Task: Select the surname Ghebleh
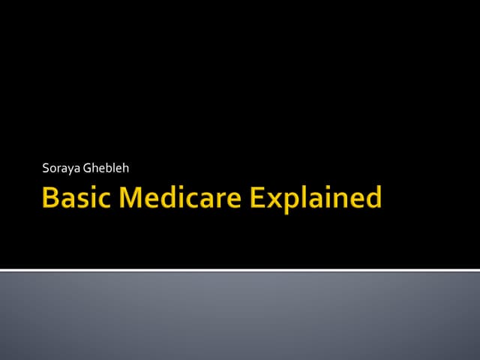(x=109, y=168)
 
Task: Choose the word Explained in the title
(x=316, y=199)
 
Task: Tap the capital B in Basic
(x=52, y=199)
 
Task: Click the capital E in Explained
(x=258, y=199)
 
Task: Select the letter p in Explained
(x=294, y=202)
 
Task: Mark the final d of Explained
(x=372, y=199)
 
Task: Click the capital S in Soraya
(x=46, y=168)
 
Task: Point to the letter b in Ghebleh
(x=111, y=167)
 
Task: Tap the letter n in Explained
(x=337, y=201)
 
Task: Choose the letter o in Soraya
(x=53, y=169)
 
